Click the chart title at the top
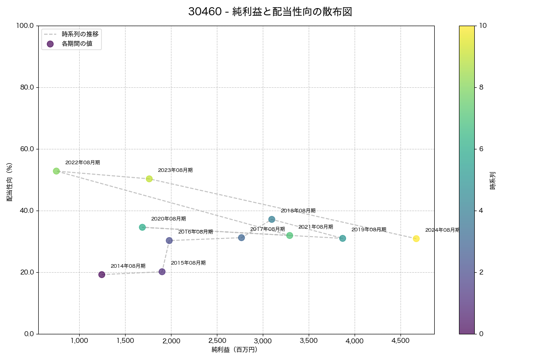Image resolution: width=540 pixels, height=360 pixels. pos(270,12)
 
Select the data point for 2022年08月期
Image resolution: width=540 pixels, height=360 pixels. pos(56,171)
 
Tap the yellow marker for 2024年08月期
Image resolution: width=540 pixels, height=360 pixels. pos(416,238)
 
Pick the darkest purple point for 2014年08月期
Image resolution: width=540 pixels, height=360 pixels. pos(102,274)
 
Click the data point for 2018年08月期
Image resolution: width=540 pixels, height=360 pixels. pos(272,219)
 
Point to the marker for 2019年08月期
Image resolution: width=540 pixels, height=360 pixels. pos(343,238)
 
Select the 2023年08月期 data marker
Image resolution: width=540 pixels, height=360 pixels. pos(149,179)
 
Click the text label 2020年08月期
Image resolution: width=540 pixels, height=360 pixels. pos(168,219)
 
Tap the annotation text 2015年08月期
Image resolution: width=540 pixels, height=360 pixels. pos(188,263)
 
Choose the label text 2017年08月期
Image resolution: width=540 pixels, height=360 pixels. pos(267,229)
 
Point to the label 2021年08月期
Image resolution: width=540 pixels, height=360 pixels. pos(315,227)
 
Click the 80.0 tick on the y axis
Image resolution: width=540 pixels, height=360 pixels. pos(27,87)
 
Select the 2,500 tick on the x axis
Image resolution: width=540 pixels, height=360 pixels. pos(217,341)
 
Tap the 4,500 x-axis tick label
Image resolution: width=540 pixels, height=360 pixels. pos(400,341)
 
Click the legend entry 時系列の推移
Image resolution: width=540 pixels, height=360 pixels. pos(80,34)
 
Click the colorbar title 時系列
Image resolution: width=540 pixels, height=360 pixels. pos(493,180)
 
